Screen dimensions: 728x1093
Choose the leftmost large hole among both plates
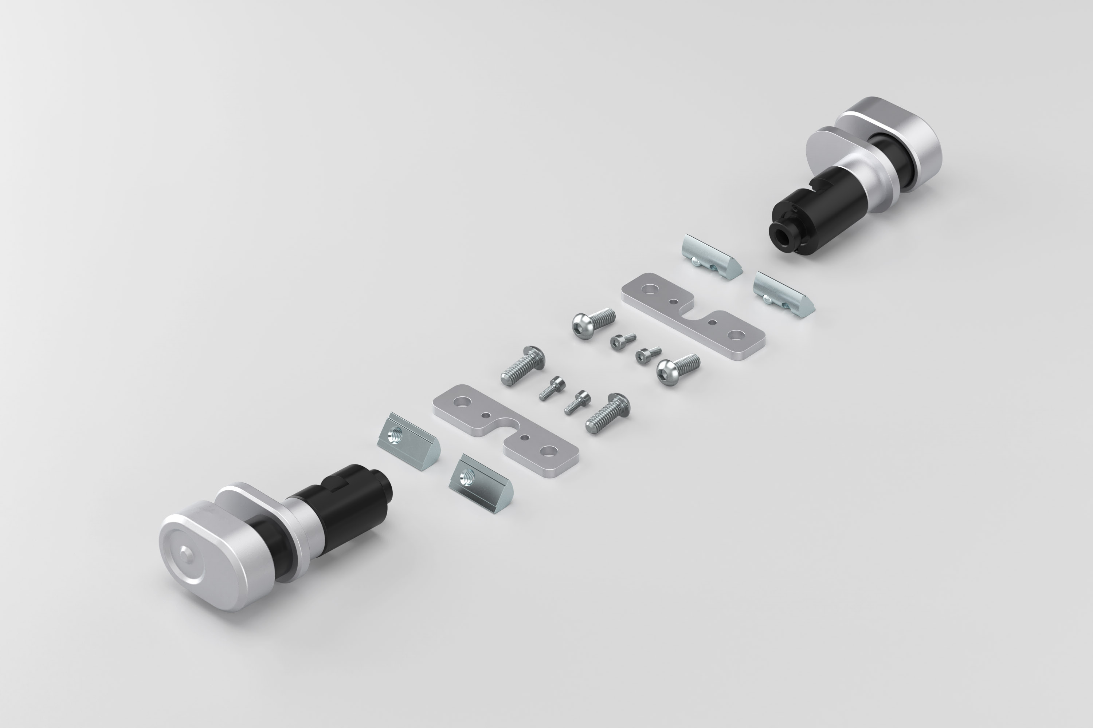pyautogui.click(x=462, y=400)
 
